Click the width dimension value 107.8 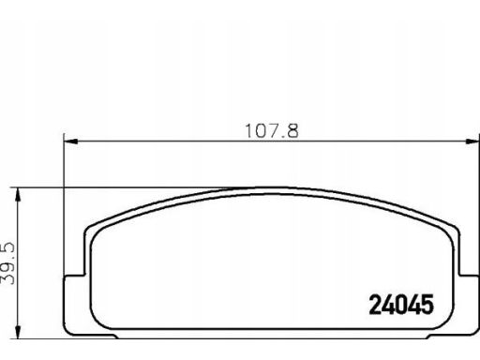tap(272, 131)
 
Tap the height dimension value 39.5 tap(7, 263)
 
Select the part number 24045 tap(401, 305)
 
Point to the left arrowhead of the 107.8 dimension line tap(70, 142)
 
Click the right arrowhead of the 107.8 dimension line tap(472, 142)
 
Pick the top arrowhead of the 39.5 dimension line tap(19, 194)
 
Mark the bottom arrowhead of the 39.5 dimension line tap(19, 332)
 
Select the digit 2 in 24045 tap(375, 305)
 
